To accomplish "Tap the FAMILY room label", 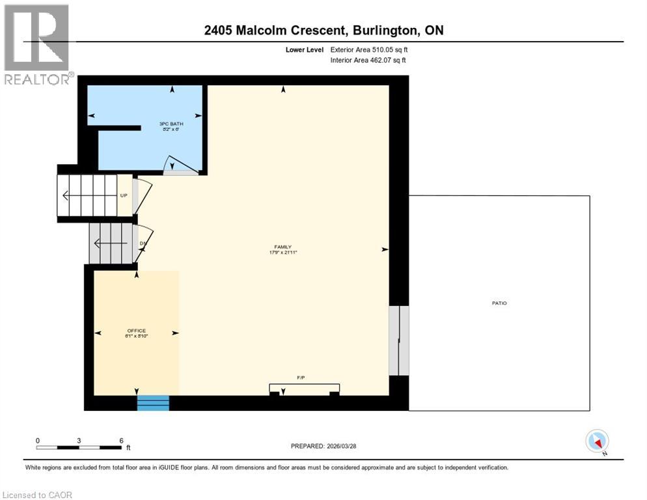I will [x=282, y=249].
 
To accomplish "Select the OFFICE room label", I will [x=137, y=333].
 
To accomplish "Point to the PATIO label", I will [x=499, y=303].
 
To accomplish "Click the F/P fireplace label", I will [x=301, y=378].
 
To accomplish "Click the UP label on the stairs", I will [x=124, y=195].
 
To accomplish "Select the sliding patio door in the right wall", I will [x=398, y=340].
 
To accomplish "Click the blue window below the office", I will [x=153, y=403].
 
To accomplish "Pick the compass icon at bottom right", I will [x=598, y=441].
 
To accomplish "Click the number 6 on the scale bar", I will [x=121, y=440].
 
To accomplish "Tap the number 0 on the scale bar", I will [x=38, y=440].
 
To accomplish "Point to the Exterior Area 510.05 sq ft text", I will [x=370, y=49].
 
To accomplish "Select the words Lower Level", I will [x=303, y=49].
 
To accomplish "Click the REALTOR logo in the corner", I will [x=37, y=44].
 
